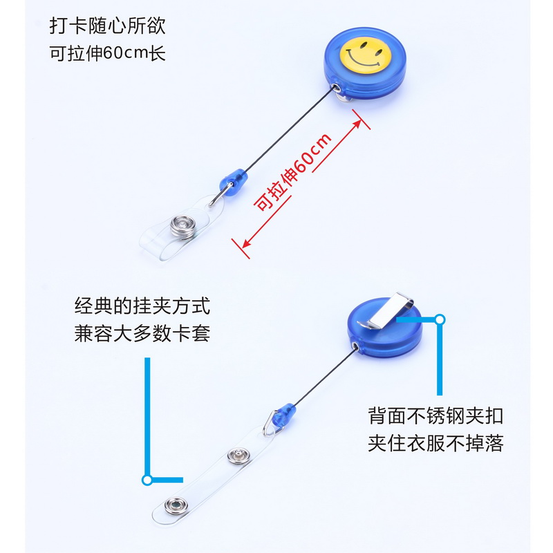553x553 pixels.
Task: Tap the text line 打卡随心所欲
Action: [108, 26]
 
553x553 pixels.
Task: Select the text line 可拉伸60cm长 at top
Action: [108, 53]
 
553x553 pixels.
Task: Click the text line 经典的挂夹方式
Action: [142, 305]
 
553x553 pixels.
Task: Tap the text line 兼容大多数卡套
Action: [142, 333]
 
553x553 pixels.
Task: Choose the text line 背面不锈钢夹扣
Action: [435, 415]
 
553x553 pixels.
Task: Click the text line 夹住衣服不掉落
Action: [435, 443]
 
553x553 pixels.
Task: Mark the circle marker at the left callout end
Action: [147, 479]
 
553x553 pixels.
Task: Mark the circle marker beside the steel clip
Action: [439, 319]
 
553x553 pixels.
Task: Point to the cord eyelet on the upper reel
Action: [337, 89]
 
